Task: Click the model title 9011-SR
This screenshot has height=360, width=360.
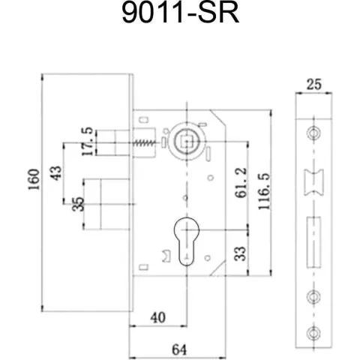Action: coord(181,13)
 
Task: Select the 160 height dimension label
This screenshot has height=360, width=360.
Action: coord(34,179)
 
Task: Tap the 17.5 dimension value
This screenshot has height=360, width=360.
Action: coord(88,142)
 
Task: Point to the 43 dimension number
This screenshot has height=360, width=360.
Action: coord(55,173)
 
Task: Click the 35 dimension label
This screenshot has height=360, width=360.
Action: coord(78,204)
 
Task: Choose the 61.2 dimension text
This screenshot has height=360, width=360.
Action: coord(241,183)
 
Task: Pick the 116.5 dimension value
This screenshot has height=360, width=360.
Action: coord(264,191)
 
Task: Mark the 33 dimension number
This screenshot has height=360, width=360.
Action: coord(240,253)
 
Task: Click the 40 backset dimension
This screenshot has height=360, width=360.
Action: coord(158,318)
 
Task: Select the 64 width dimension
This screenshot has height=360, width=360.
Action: coord(179,349)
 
